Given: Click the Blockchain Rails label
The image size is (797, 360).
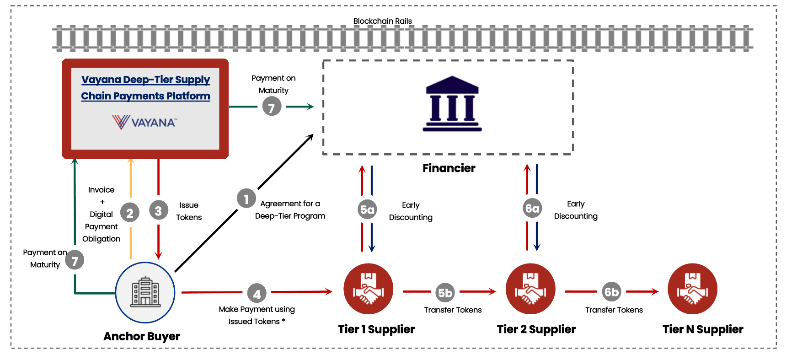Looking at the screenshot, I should (x=382, y=21).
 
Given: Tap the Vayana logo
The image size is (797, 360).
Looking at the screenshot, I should (x=144, y=122).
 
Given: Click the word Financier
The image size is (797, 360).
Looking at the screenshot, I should (x=449, y=168).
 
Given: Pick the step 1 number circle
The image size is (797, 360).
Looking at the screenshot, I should (x=246, y=199).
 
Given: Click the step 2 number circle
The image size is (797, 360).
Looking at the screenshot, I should (x=130, y=213).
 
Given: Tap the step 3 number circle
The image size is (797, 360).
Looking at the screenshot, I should (x=158, y=211).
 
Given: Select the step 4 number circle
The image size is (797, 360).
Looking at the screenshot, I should (x=257, y=294).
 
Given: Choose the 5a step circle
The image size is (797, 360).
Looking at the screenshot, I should (x=367, y=210).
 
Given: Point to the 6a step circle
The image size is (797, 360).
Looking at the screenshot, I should (x=532, y=209).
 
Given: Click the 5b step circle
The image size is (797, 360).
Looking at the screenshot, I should (x=445, y=292).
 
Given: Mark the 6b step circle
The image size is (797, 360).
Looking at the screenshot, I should (x=611, y=291).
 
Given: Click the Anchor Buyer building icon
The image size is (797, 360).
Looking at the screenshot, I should (x=145, y=292).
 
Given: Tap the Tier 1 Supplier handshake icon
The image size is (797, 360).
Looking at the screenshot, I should (x=368, y=289).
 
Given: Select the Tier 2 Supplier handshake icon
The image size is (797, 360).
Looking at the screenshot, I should (x=530, y=289).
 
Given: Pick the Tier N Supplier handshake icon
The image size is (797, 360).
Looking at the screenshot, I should (x=692, y=289).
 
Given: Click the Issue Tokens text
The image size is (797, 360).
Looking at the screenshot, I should (x=189, y=211).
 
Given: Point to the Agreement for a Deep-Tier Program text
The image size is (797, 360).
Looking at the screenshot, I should (x=290, y=210).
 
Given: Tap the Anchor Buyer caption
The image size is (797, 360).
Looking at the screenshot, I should (x=142, y=337).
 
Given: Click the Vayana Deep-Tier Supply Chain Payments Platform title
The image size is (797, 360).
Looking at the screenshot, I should (x=145, y=88).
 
